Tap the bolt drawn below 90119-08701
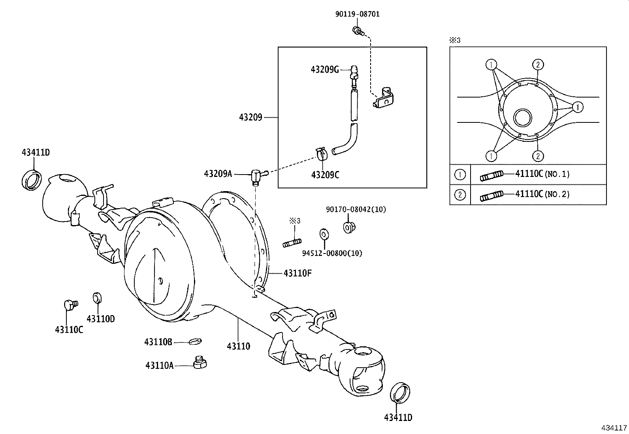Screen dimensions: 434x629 [x=358, y=30]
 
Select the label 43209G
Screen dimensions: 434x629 [x=325, y=70]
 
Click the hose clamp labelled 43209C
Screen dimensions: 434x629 [x=322, y=154]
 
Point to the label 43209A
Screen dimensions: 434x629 [x=218, y=174]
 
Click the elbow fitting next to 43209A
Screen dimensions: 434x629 [x=257, y=175]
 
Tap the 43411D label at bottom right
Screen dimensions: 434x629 [x=398, y=418]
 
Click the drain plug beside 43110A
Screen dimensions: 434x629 [x=200, y=362]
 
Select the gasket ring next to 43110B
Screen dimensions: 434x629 [x=195, y=341]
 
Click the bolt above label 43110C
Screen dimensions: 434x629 [x=70, y=305]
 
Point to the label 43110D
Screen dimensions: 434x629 [x=100, y=319]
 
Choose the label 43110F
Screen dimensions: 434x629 [x=298, y=273]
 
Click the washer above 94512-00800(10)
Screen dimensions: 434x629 [x=323, y=234]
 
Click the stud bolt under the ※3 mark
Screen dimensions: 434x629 [x=292, y=242]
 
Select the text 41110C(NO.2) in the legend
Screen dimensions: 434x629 [x=542, y=194]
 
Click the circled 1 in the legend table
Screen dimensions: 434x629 [x=460, y=175]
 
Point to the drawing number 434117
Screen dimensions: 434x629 [x=614, y=428]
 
